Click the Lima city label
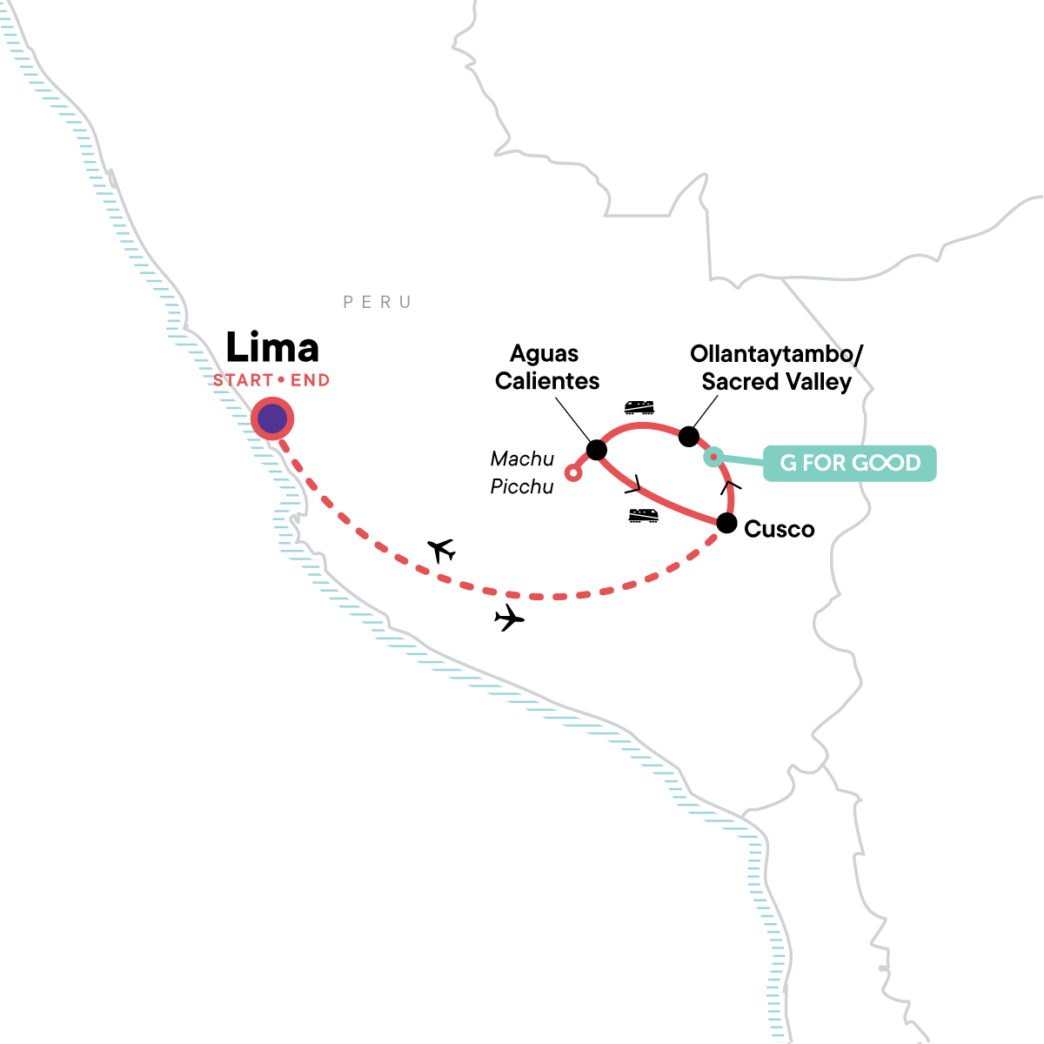click(x=272, y=347)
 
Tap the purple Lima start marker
click(x=272, y=418)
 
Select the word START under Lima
click(x=243, y=380)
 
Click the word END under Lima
click(x=311, y=380)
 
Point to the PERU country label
click(x=378, y=302)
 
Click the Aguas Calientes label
click(x=546, y=367)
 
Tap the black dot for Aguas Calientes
click(x=597, y=450)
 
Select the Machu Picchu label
click(x=522, y=472)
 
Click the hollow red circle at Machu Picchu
click(x=573, y=473)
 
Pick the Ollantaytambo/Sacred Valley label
click(x=776, y=368)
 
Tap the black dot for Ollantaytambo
click(x=688, y=436)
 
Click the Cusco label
click(x=779, y=529)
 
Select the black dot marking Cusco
click(x=726, y=524)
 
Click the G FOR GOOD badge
click(x=849, y=463)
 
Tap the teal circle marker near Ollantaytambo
click(x=713, y=458)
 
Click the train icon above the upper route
click(x=639, y=407)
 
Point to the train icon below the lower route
click(x=643, y=516)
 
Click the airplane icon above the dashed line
click(x=442, y=551)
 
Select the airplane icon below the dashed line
click(x=509, y=618)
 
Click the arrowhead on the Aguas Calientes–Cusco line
click(x=635, y=485)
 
